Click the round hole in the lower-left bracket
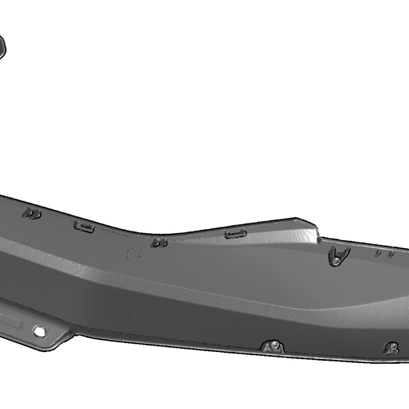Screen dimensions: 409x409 tap(38, 331)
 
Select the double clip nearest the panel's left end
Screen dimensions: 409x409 tap(32, 213)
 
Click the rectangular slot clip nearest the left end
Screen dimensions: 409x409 tap(84, 227)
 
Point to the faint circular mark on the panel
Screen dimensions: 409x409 tap(136, 254)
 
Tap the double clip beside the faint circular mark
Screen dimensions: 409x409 tap(159, 243)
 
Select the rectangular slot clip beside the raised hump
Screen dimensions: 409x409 tap(235, 234)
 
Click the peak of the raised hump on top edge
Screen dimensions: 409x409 tap(300, 221)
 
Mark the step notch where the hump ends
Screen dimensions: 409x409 tap(318, 235)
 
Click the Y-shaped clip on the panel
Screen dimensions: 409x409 tap(339, 255)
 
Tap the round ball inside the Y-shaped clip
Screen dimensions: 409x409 tap(338, 258)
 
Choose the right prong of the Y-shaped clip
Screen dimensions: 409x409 tap(346, 250)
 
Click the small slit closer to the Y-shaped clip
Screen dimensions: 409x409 tap(378, 254)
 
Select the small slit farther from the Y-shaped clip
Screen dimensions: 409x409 tap(391, 255)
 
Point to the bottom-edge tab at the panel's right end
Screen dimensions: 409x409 tap(391, 347)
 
